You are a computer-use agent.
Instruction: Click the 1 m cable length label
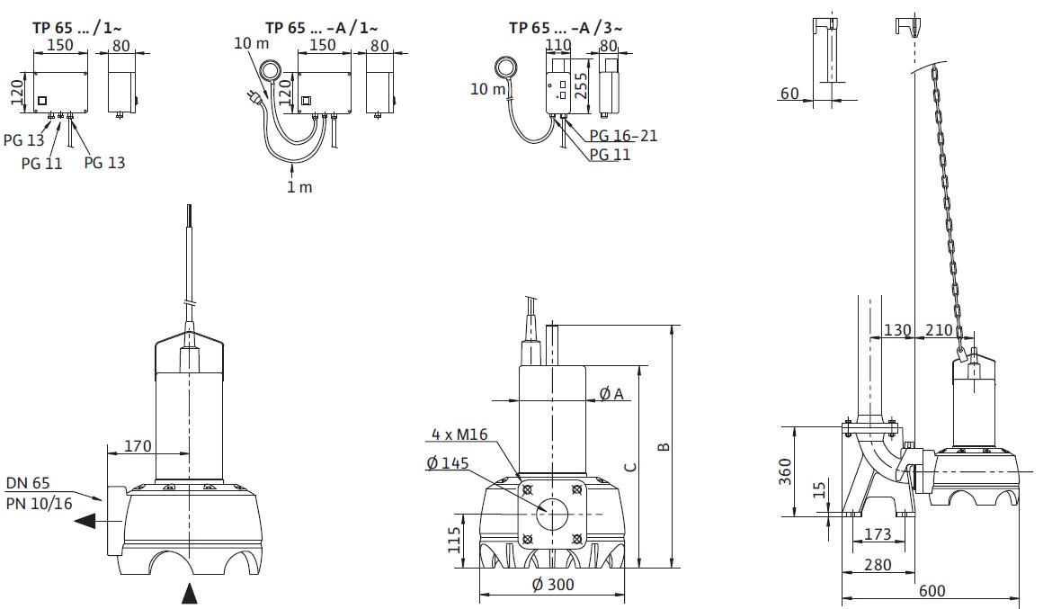point(299,187)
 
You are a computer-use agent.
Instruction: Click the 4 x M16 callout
point(459,434)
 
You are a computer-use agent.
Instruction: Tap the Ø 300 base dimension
point(553,585)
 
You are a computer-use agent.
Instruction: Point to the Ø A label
point(611,393)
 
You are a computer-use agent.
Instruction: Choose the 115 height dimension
point(455,541)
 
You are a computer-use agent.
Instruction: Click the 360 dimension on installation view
point(785,470)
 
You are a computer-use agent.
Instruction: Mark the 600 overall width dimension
point(932,590)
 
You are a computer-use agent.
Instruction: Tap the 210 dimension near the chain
point(939,330)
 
